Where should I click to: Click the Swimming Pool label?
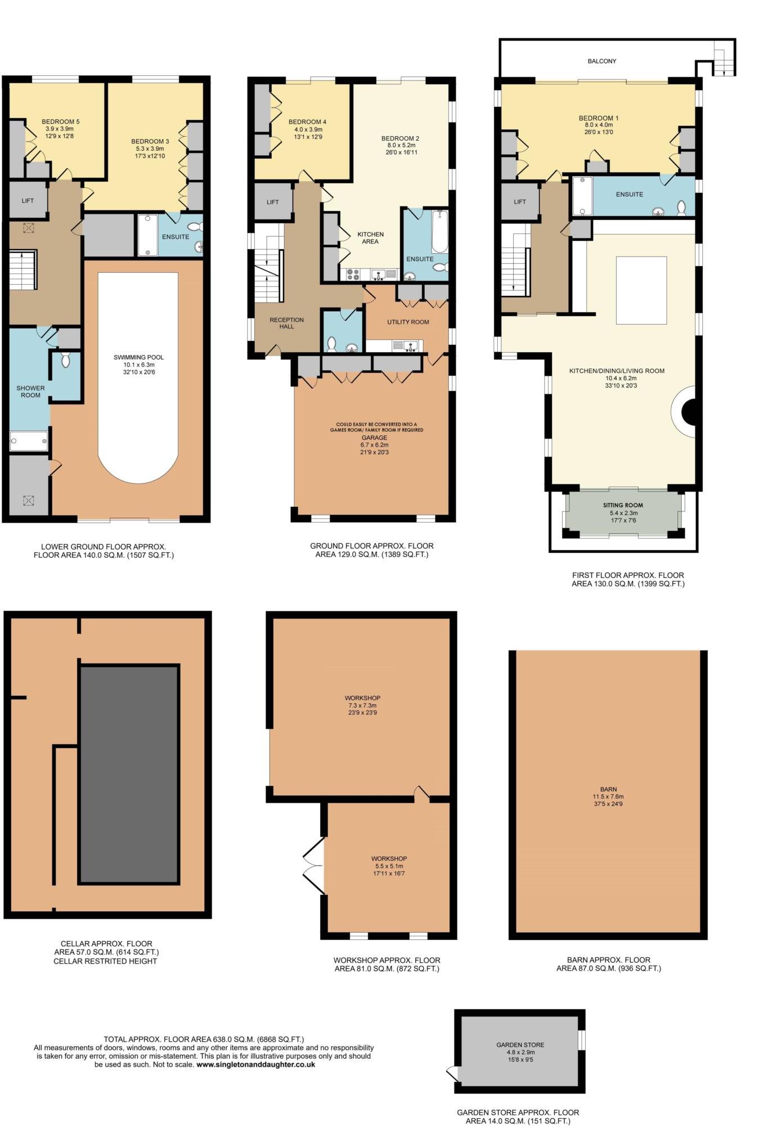(x=138, y=357)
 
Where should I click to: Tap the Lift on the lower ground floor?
(x=28, y=201)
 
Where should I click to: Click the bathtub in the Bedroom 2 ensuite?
(x=439, y=232)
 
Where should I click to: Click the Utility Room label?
(x=408, y=322)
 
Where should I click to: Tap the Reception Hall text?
(x=286, y=323)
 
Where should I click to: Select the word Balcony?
(x=601, y=61)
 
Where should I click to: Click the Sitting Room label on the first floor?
(x=623, y=505)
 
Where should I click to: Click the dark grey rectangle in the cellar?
(x=129, y=774)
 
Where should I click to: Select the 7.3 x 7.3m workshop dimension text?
(x=364, y=705)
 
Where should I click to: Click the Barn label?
(x=608, y=789)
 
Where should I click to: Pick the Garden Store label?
(x=520, y=1045)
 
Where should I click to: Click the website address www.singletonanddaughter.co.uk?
(x=255, y=1064)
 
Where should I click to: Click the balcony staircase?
(x=722, y=61)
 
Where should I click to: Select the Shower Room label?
(x=30, y=391)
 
